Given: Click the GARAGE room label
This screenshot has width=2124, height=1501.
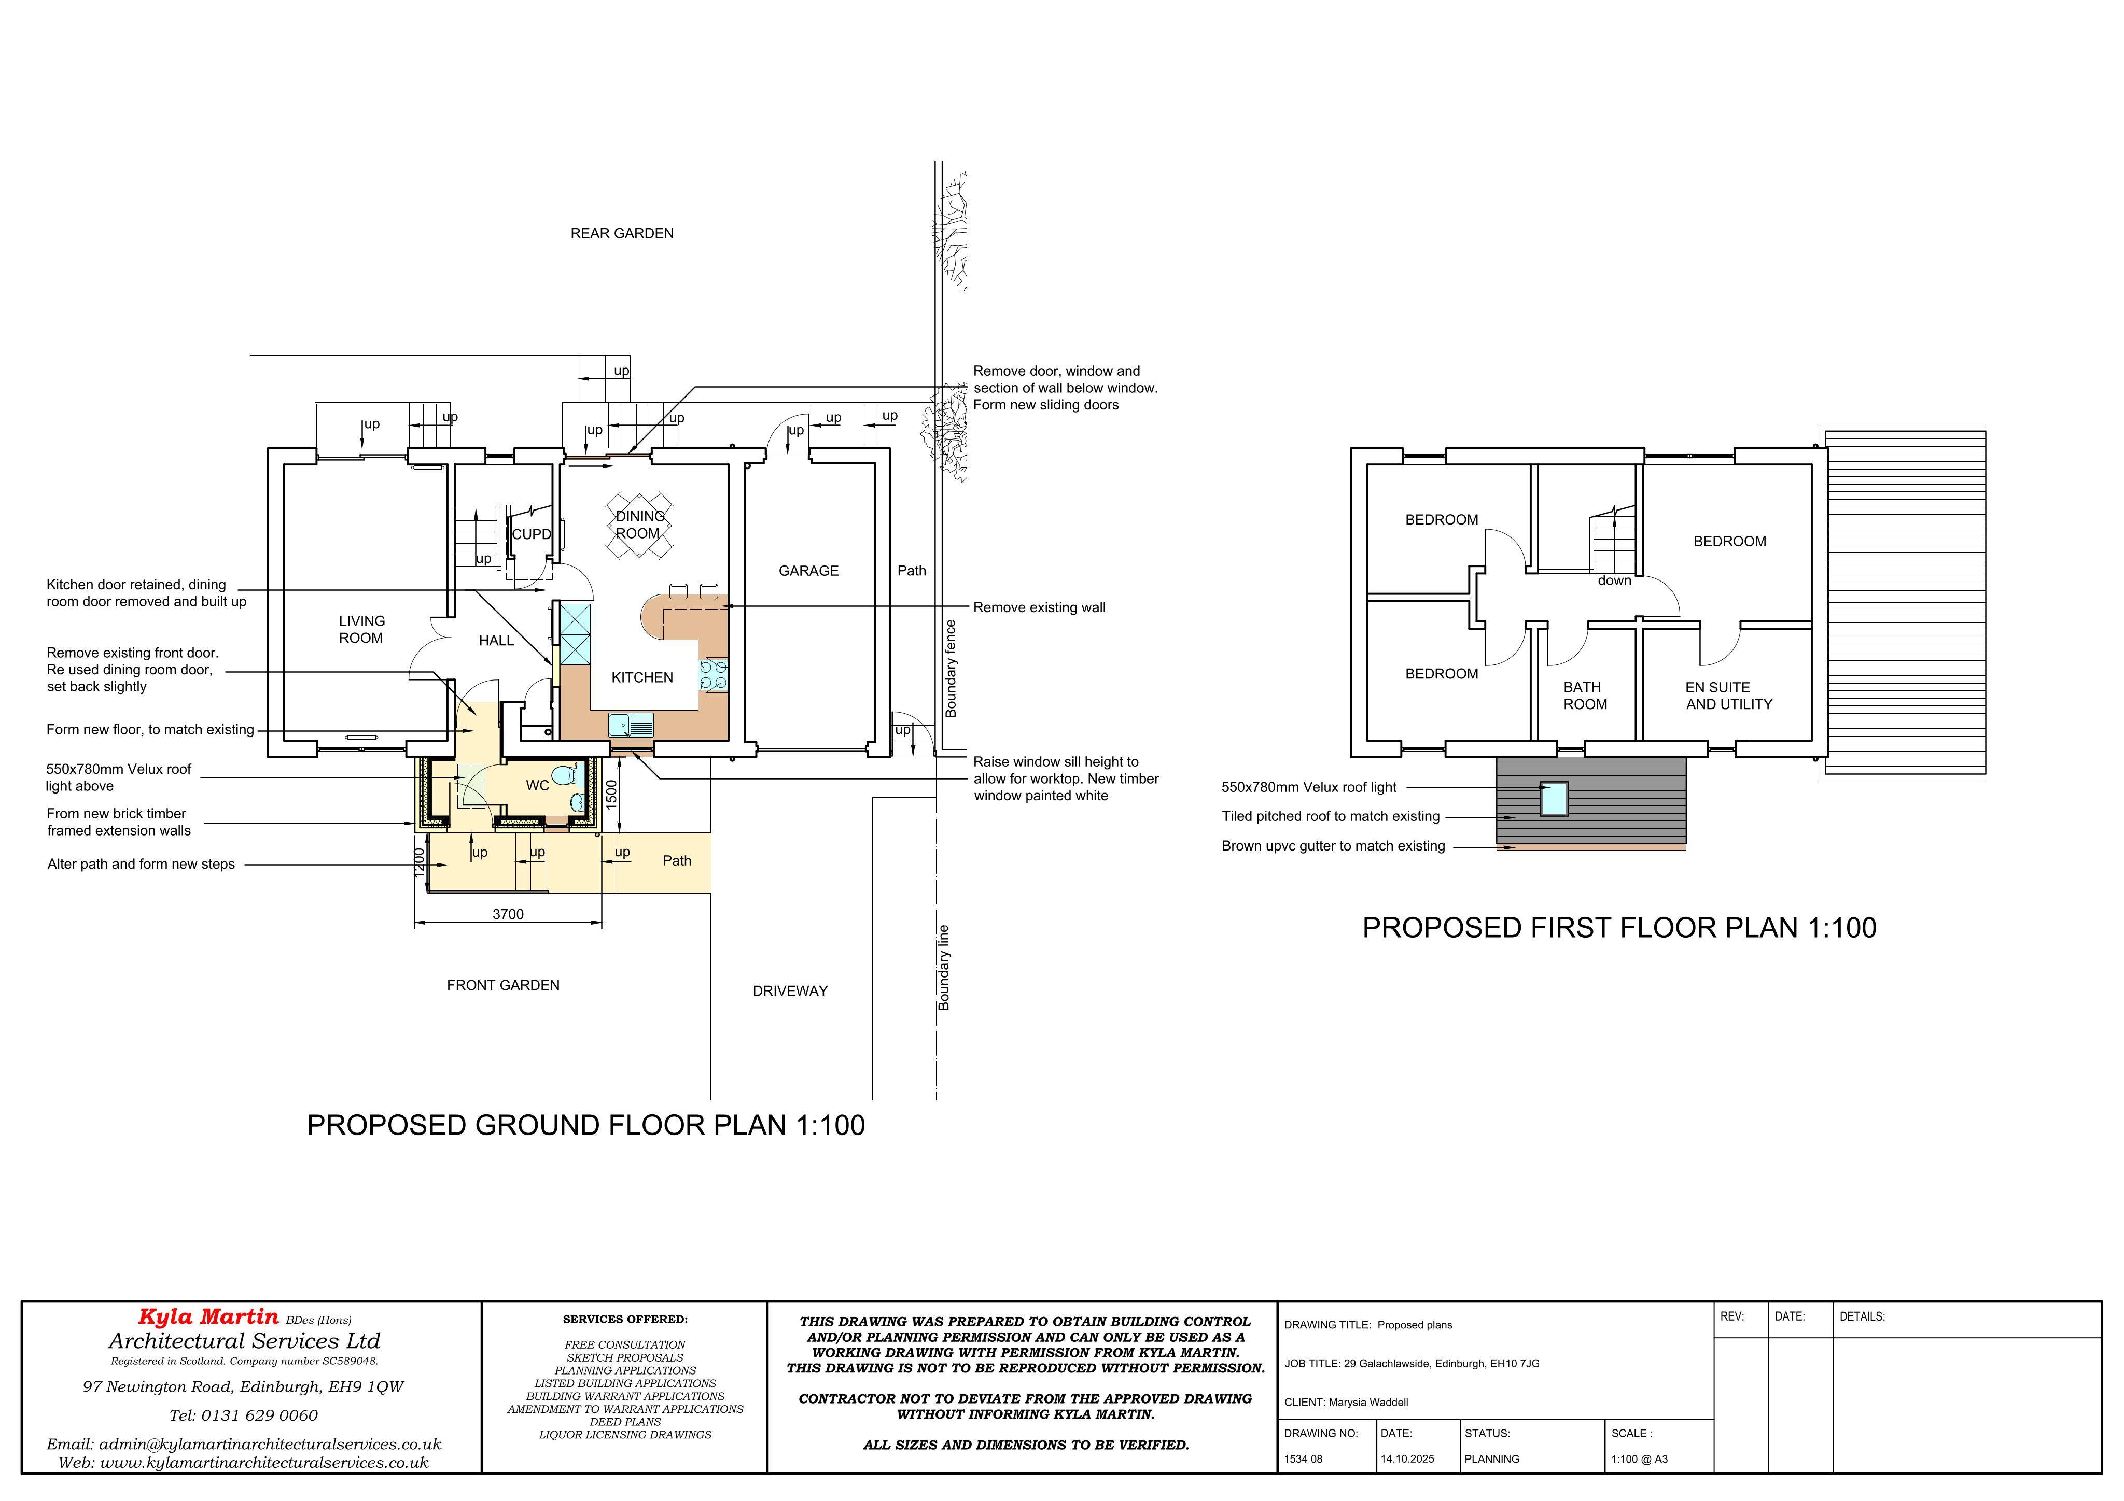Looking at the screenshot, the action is [808, 571].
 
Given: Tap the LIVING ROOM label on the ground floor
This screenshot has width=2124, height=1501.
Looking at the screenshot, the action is [361, 629].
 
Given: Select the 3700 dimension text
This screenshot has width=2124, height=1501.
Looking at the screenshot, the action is [508, 914].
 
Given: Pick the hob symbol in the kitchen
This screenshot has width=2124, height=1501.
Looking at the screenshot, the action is [714, 674].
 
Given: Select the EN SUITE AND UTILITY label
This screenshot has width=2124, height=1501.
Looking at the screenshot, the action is [1728, 696].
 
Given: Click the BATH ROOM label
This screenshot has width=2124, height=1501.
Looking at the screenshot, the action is [1585, 696].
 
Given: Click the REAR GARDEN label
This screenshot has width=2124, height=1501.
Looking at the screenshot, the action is [622, 233].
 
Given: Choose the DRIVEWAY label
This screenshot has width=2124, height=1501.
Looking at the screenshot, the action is [790, 990].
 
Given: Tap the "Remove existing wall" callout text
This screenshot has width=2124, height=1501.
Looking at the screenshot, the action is [1039, 607].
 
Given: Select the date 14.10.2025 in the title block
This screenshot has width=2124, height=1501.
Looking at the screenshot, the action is [1407, 1458].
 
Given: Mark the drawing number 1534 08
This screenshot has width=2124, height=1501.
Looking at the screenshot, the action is [1304, 1458].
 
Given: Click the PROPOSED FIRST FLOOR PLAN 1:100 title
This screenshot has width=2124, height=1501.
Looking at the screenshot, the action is [1619, 928].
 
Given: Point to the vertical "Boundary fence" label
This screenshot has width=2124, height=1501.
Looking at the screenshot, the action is [951, 669].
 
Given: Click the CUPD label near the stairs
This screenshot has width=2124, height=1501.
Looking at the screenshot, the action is [532, 534].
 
